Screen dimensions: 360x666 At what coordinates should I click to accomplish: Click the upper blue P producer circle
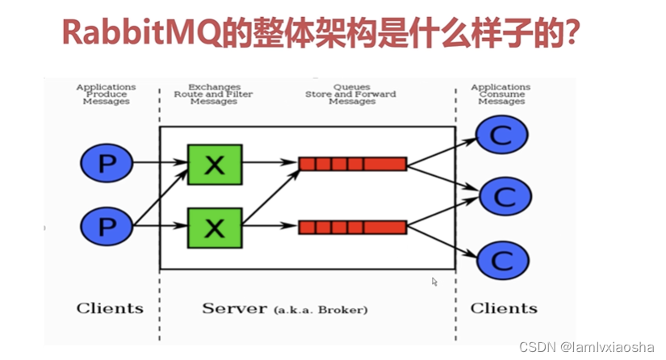pyautogui.click(x=107, y=164)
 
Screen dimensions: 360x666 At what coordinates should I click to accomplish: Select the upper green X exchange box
pyautogui.click(x=214, y=164)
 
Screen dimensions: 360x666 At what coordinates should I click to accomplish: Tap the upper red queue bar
pyautogui.click(x=352, y=164)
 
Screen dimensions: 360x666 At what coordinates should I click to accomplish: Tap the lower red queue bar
pyautogui.click(x=352, y=227)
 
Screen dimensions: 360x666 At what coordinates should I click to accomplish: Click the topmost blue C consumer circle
pyautogui.click(x=501, y=135)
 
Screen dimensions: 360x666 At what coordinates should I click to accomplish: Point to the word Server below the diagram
pyautogui.click(x=235, y=308)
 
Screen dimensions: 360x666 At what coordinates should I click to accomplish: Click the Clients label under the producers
pyautogui.click(x=110, y=308)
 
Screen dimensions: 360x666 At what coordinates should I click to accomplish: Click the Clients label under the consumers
pyautogui.click(x=504, y=308)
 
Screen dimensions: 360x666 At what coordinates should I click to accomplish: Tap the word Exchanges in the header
pyautogui.click(x=214, y=86)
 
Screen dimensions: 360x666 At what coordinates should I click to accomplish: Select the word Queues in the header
pyautogui.click(x=351, y=86)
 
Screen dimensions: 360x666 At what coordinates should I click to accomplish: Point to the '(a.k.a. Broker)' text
pyautogui.click(x=320, y=310)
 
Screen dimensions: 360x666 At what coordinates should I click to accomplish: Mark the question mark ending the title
pyautogui.click(x=574, y=35)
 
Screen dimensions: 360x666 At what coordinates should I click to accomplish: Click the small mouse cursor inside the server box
pyautogui.click(x=434, y=282)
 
